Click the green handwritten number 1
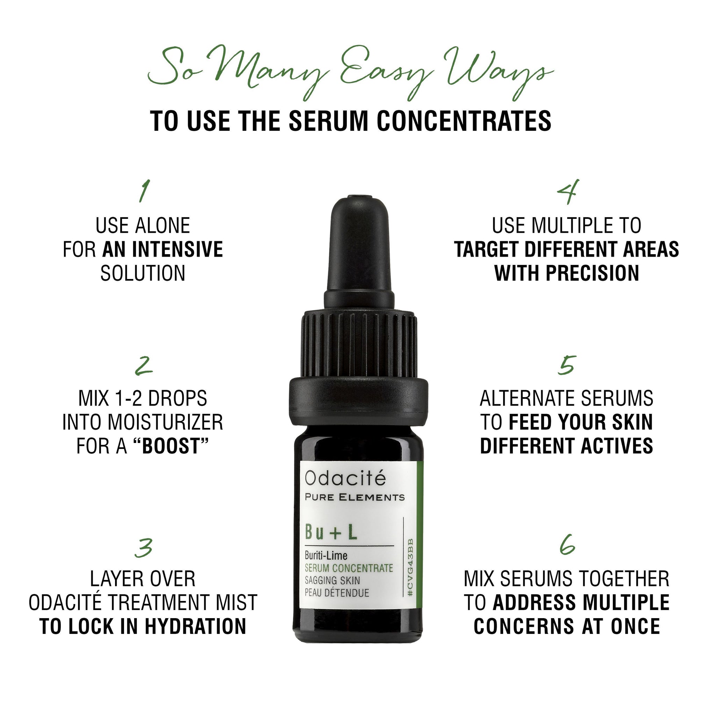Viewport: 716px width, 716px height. (144, 191)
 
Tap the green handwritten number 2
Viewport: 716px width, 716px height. (144, 366)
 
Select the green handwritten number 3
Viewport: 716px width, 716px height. (144, 548)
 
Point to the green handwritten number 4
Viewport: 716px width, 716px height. (567, 192)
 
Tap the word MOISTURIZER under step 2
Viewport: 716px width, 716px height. (166, 422)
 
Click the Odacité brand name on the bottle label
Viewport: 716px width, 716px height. (345, 478)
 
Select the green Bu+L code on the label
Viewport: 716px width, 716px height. (331, 532)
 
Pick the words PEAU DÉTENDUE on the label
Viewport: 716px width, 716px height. (337, 592)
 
